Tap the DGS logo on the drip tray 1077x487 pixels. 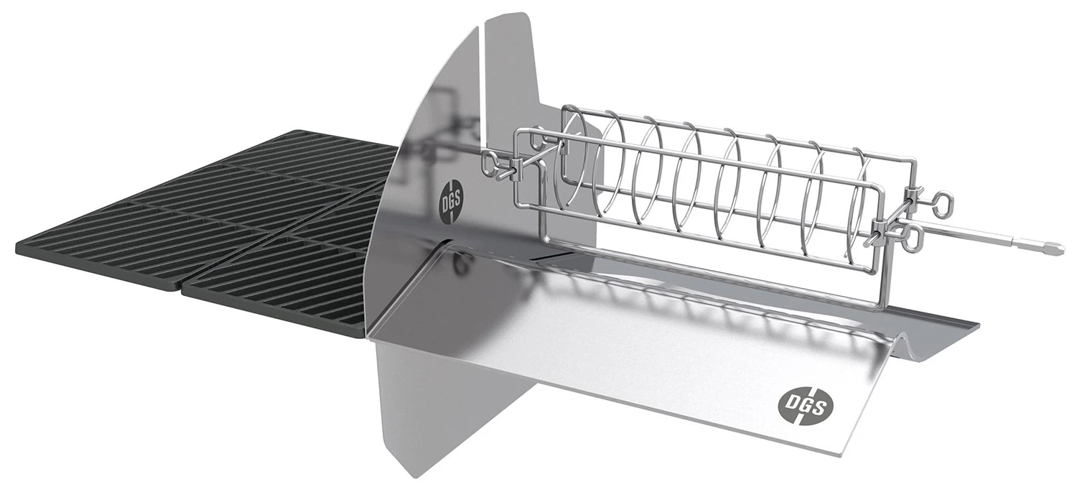pyautogui.click(x=804, y=407)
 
